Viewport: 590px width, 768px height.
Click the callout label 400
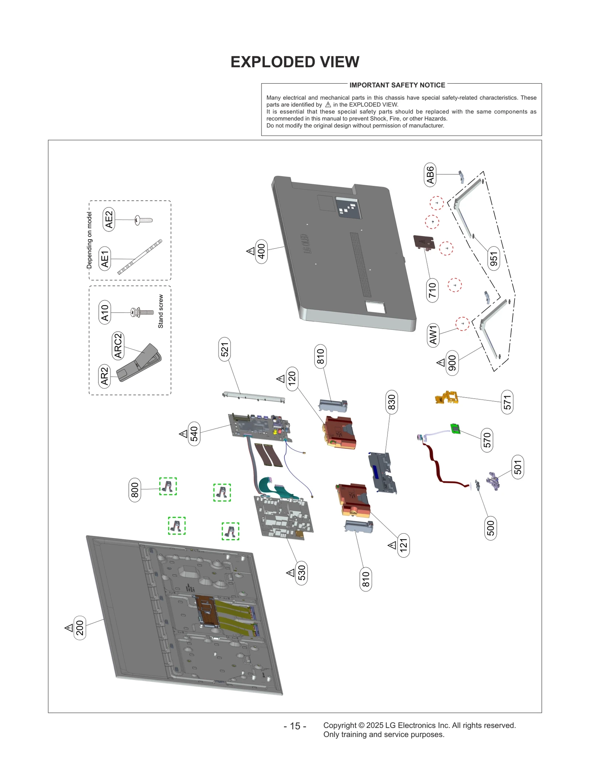[261, 251]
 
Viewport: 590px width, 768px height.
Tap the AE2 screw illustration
[143, 220]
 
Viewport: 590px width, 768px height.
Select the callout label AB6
[430, 175]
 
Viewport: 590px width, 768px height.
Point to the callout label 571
[507, 402]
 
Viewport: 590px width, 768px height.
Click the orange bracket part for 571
[447, 398]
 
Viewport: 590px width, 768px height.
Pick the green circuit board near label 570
[456, 429]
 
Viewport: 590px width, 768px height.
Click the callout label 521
[225, 349]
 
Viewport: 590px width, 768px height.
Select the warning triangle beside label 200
[69, 628]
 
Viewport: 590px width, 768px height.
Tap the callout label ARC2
[118, 345]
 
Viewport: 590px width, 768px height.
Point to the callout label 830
[391, 402]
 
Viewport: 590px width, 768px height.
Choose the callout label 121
[403, 545]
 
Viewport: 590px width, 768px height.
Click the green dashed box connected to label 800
[168, 486]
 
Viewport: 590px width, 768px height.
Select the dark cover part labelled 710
[424, 242]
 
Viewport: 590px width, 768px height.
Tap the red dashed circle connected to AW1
[462, 324]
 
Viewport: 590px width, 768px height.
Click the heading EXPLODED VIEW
[295, 62]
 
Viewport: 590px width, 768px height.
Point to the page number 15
[295, 726]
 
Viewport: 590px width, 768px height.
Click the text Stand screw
[161, 311]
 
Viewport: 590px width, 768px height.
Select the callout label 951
[493, 259]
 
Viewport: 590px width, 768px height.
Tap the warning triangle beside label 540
[183, 434]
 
